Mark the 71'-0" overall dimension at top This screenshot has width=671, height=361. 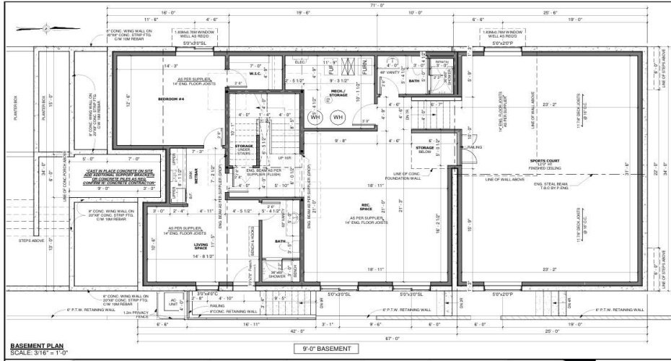pos(374,6)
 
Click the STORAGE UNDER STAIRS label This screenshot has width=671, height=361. pos(243,149)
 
